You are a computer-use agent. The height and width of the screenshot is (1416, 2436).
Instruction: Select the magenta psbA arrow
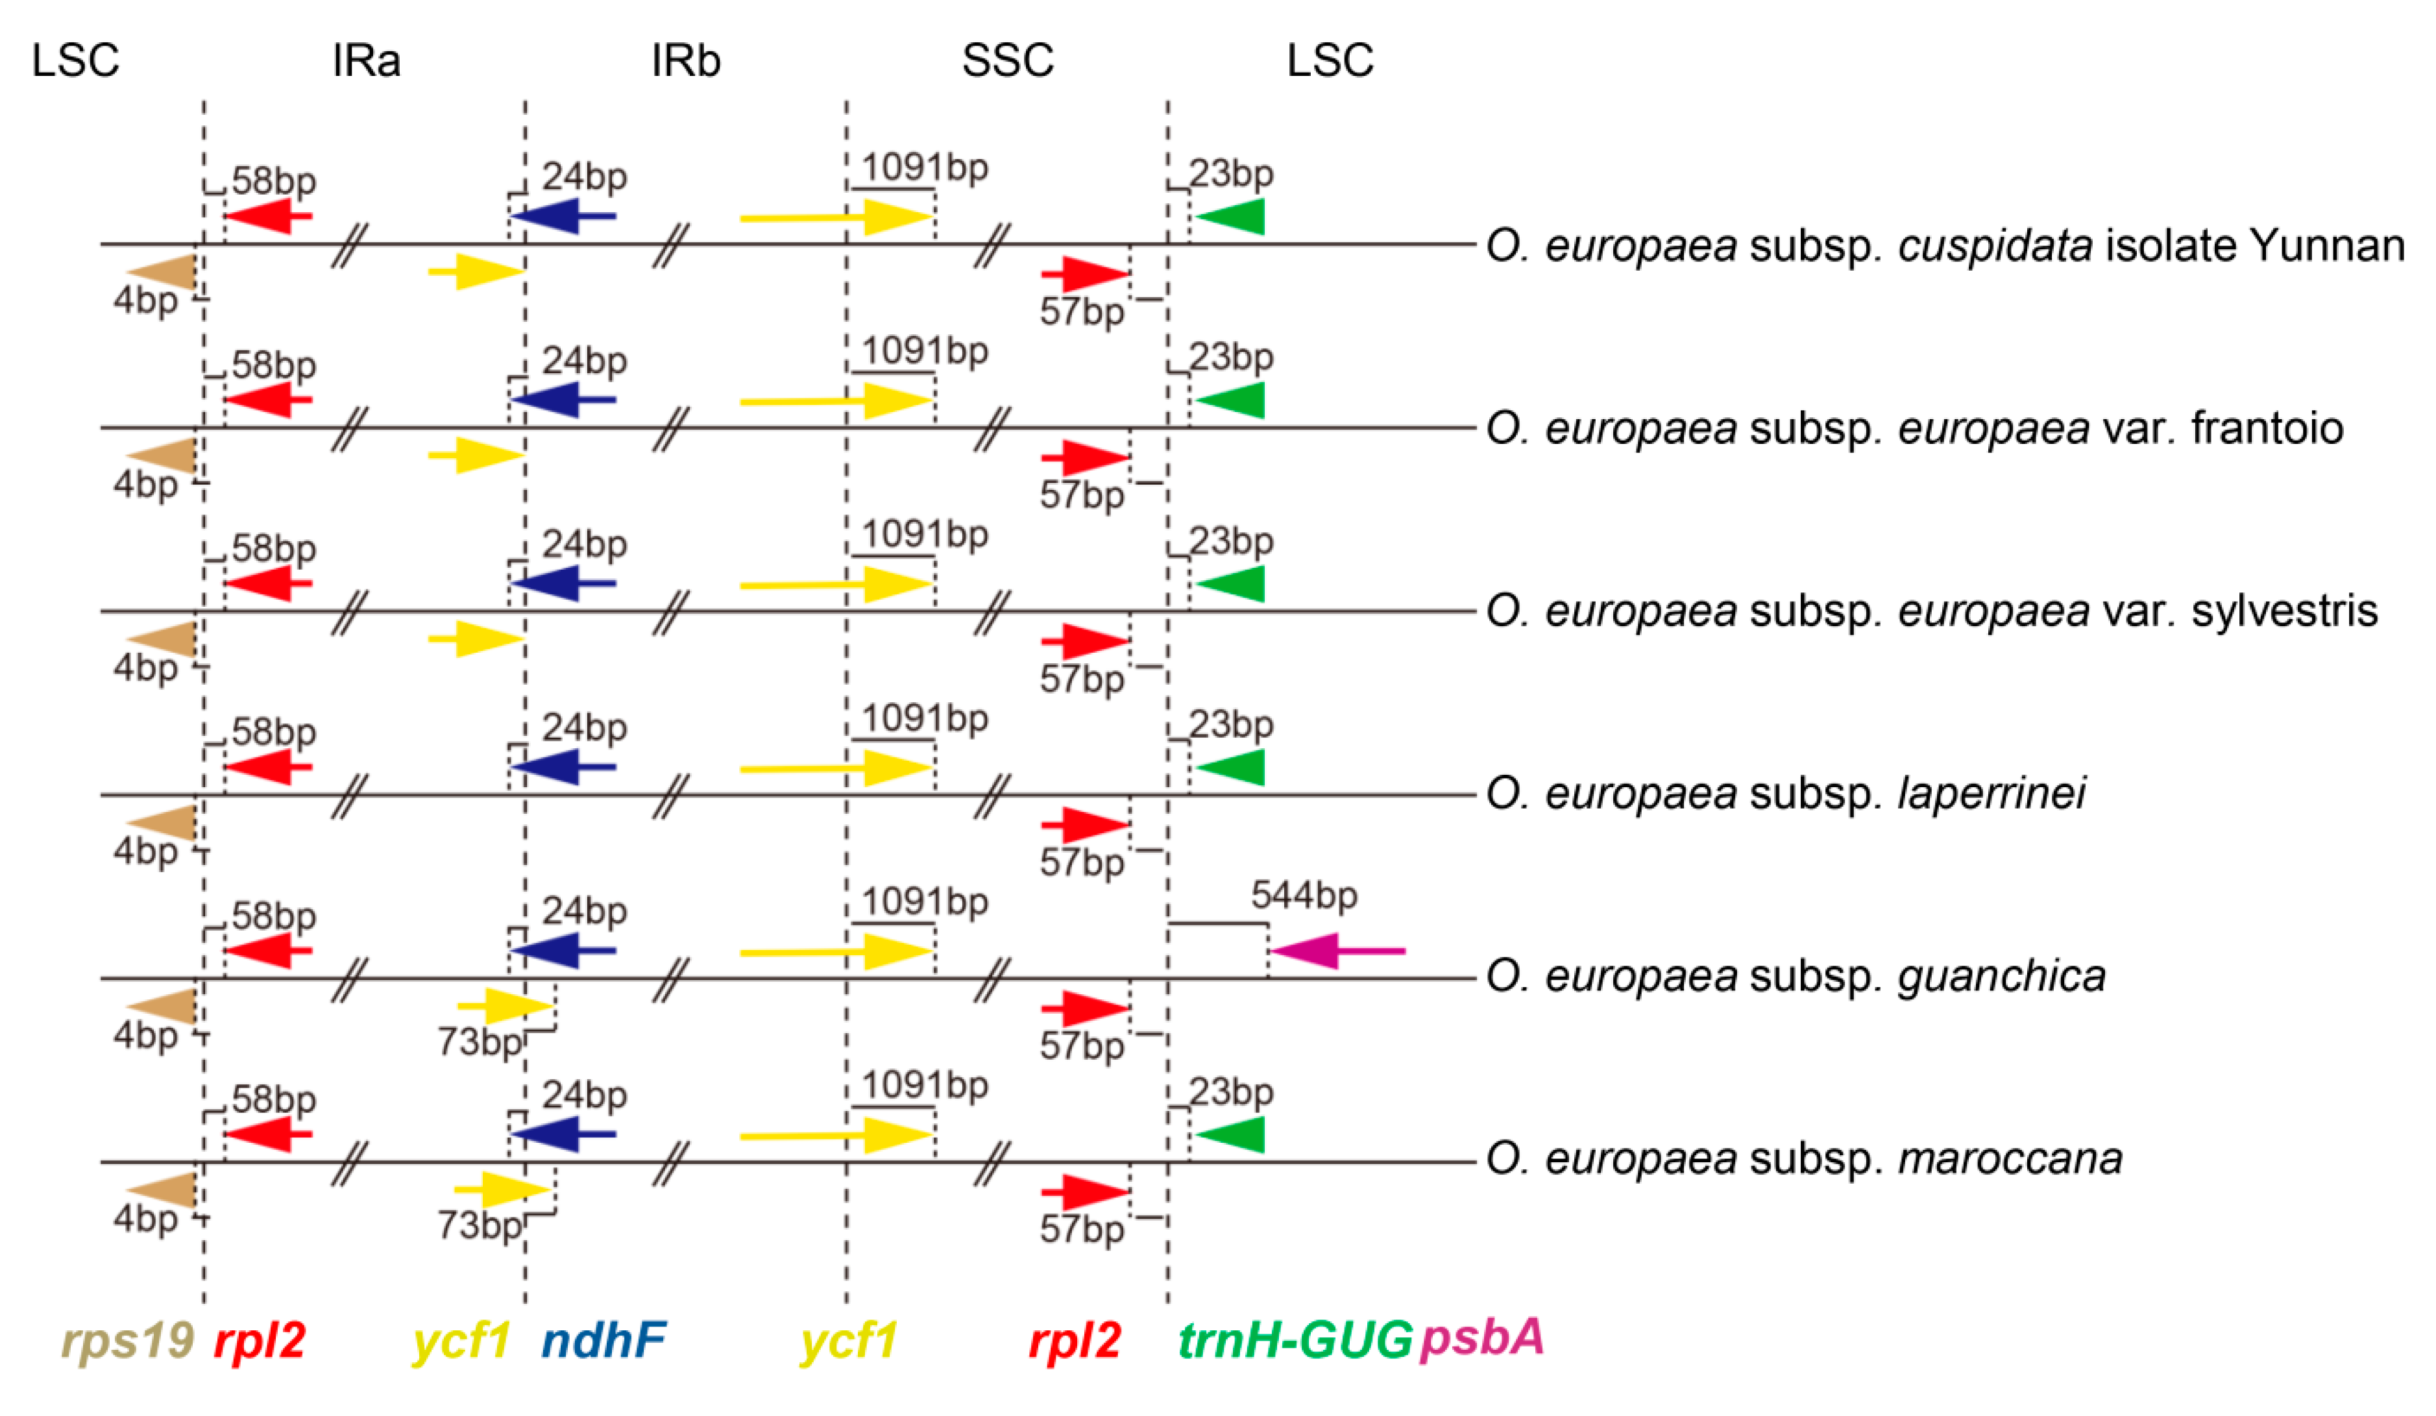(x=1334, y=951)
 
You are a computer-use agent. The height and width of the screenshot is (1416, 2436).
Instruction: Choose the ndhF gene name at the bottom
(x=603, y=1339)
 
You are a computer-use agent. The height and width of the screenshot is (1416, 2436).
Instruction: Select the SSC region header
(x=1006, y=60)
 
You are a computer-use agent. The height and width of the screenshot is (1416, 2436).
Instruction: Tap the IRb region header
(x=685, y=60)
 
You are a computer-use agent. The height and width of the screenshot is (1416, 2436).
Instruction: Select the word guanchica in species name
(x=2001, y=976)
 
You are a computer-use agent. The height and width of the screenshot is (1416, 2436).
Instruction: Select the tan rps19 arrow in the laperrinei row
(x=162, y=822)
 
